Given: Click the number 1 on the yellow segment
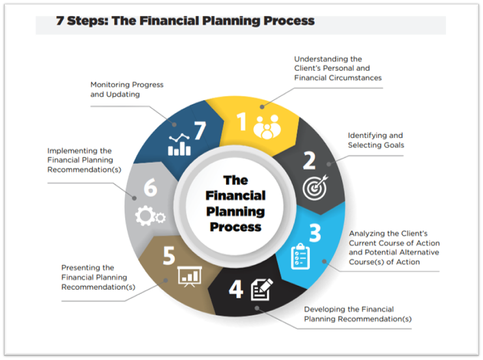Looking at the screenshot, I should click(x=241, y=122).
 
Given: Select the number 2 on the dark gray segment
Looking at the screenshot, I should click(x=309, y=161).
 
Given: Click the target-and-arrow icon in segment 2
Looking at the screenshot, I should click(x=314, y=188).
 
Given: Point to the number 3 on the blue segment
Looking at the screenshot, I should click(x=315, y=233).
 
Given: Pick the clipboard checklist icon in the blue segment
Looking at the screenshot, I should click(x=301, y=256).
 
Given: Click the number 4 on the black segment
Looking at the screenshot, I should click(x=236, y=289).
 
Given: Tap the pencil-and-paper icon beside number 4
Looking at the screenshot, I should click(x=262, y=290).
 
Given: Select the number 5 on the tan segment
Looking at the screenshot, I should click(x=169, y=257).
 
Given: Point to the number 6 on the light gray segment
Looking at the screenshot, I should click(x=151, y=188).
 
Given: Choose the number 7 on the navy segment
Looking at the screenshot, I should click(x=200, y=130).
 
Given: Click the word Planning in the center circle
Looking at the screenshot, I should click(x=236, y=211).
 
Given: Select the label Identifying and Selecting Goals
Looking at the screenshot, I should click(x=376, y=140).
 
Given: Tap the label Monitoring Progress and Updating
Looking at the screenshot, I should click(x=127, y=89).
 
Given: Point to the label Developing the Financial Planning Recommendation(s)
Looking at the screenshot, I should click(x=357, y=314).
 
